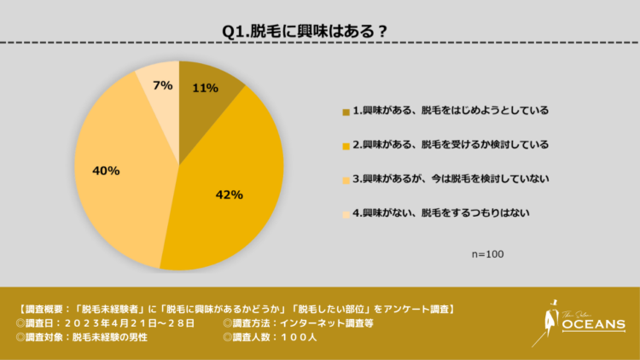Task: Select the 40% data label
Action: (x=106, y=171)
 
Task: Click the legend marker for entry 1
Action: (x=346, y=111)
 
